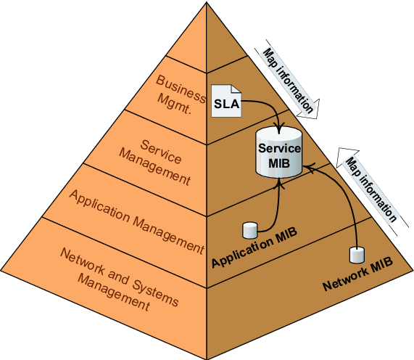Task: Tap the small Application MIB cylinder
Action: [x=250, y=230]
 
